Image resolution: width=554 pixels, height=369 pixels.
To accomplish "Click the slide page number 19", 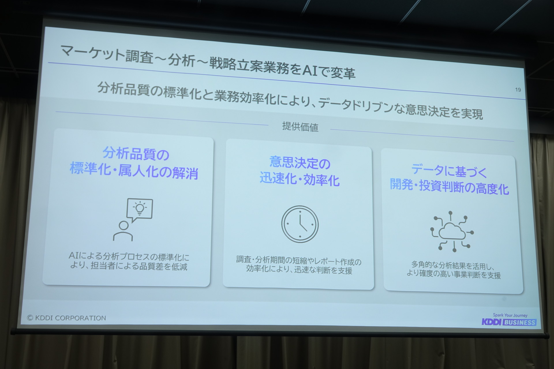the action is point(518,90).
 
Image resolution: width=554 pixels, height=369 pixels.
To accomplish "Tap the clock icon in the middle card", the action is point(300,224).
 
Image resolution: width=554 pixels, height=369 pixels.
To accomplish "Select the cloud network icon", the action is point(452,231).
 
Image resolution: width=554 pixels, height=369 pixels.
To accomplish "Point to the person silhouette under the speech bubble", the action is point(123,231).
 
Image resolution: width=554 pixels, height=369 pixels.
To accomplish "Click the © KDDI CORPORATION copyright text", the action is point(66,318).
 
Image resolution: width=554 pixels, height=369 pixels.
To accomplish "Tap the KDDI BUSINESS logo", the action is point(509,322).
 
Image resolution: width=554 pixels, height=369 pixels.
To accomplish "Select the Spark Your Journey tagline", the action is point(510,315).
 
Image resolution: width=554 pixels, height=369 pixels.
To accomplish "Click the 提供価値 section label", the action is point(300,127).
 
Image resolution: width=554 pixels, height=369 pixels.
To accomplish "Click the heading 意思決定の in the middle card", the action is point(300,163).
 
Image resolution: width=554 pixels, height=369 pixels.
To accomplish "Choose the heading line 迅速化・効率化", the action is point(300,179).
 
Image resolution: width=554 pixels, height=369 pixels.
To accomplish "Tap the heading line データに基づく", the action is point(449,171).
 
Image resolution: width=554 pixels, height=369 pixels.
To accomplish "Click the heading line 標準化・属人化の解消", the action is point(134,171).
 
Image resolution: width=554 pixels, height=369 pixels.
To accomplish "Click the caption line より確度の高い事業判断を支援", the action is point(454,274).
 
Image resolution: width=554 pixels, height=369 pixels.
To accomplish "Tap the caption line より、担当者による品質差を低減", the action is point(129,266).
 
